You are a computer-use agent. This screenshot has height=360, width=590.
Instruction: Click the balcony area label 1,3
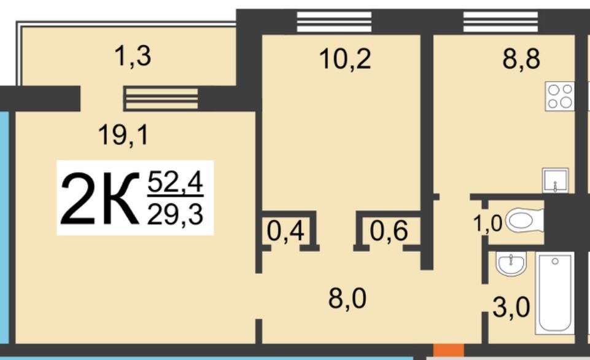pyautogui.click(x=133, y=56)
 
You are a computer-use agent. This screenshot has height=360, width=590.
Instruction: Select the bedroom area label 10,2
pyautogui.click(x=345, y=59)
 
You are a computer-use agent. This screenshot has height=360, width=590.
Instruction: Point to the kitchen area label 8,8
pyautogui.click(x=521, y=59)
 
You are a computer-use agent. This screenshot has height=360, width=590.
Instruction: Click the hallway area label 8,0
pyautogui.click(x=347, y=299)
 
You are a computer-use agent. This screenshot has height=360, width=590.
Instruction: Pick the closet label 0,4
pyautogui.click(x=285, y=231)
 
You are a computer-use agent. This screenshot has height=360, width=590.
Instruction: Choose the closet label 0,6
pyautogui.click(x=389, y=230)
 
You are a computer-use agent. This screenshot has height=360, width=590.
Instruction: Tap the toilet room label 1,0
pyautogui.click(x=487, y=223)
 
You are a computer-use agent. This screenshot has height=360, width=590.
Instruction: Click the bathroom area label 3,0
pyautogui.click(x=511, y=307)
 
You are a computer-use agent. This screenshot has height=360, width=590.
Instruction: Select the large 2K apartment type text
pyautogui.click(x=99, y=198)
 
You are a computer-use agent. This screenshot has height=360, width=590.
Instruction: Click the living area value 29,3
pyautogui.click(x=176, y=214)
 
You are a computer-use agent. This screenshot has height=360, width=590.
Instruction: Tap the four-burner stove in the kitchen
pyautogui.click(x=560, y=96)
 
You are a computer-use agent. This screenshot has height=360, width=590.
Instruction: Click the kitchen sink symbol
pyautogui.click(x=556, y=181)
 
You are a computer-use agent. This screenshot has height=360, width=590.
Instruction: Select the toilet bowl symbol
pyautogui.click(x=524, y=221)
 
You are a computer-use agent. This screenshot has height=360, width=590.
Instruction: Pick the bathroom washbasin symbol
pyautogui.click(x=511, y=263)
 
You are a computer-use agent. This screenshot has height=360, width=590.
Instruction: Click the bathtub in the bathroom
pyautogui.click(x=554, y=294)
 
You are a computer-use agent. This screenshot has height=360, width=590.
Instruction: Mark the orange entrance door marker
pyautogui.click(x=449, y=350)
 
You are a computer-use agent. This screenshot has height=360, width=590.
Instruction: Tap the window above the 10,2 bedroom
pyautogui.click(x=334, y=22)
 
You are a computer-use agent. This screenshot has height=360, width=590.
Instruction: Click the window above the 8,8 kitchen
pyautogui.click(x=500, y=22)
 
